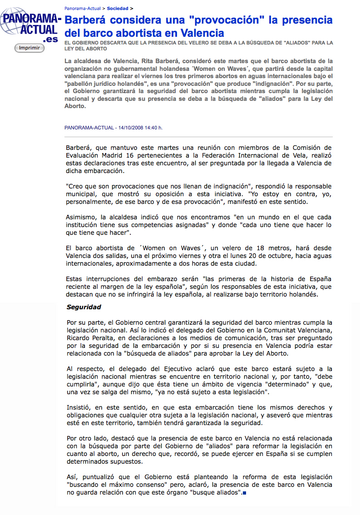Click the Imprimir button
tap(30, 48)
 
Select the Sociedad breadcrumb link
tap(118, 8)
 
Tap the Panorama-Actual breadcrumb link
tap(83, 8)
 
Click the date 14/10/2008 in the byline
tap(130, 128)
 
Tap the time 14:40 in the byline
tap(152, 128)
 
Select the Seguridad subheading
tap(84, 307)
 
